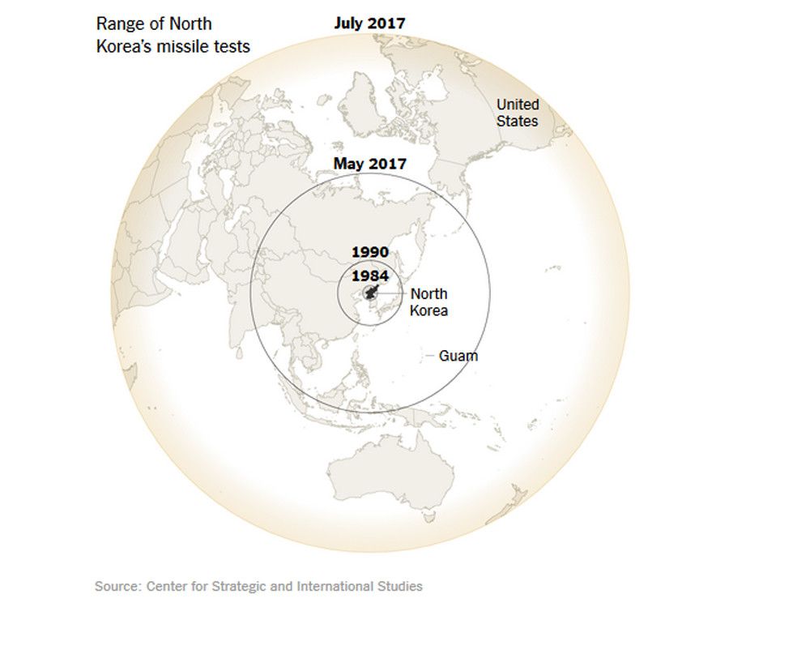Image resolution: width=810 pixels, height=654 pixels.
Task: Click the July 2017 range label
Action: click(369, 23)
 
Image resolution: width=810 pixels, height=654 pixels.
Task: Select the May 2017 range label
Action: click(369, 164)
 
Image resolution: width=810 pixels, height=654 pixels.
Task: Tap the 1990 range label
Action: click(369, 252)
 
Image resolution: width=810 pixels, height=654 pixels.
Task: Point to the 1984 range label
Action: click(369, 276)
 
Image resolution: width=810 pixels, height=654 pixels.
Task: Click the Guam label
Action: click(458, 356)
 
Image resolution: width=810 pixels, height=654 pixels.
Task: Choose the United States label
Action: click(518, 113)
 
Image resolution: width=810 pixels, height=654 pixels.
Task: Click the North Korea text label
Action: click(428, 302)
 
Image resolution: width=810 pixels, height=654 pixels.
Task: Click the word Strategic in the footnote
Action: click(242, 586)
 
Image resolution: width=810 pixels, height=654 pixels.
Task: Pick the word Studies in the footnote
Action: click(400, 586)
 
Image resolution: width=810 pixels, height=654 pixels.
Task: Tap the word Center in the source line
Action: click(167, 586)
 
